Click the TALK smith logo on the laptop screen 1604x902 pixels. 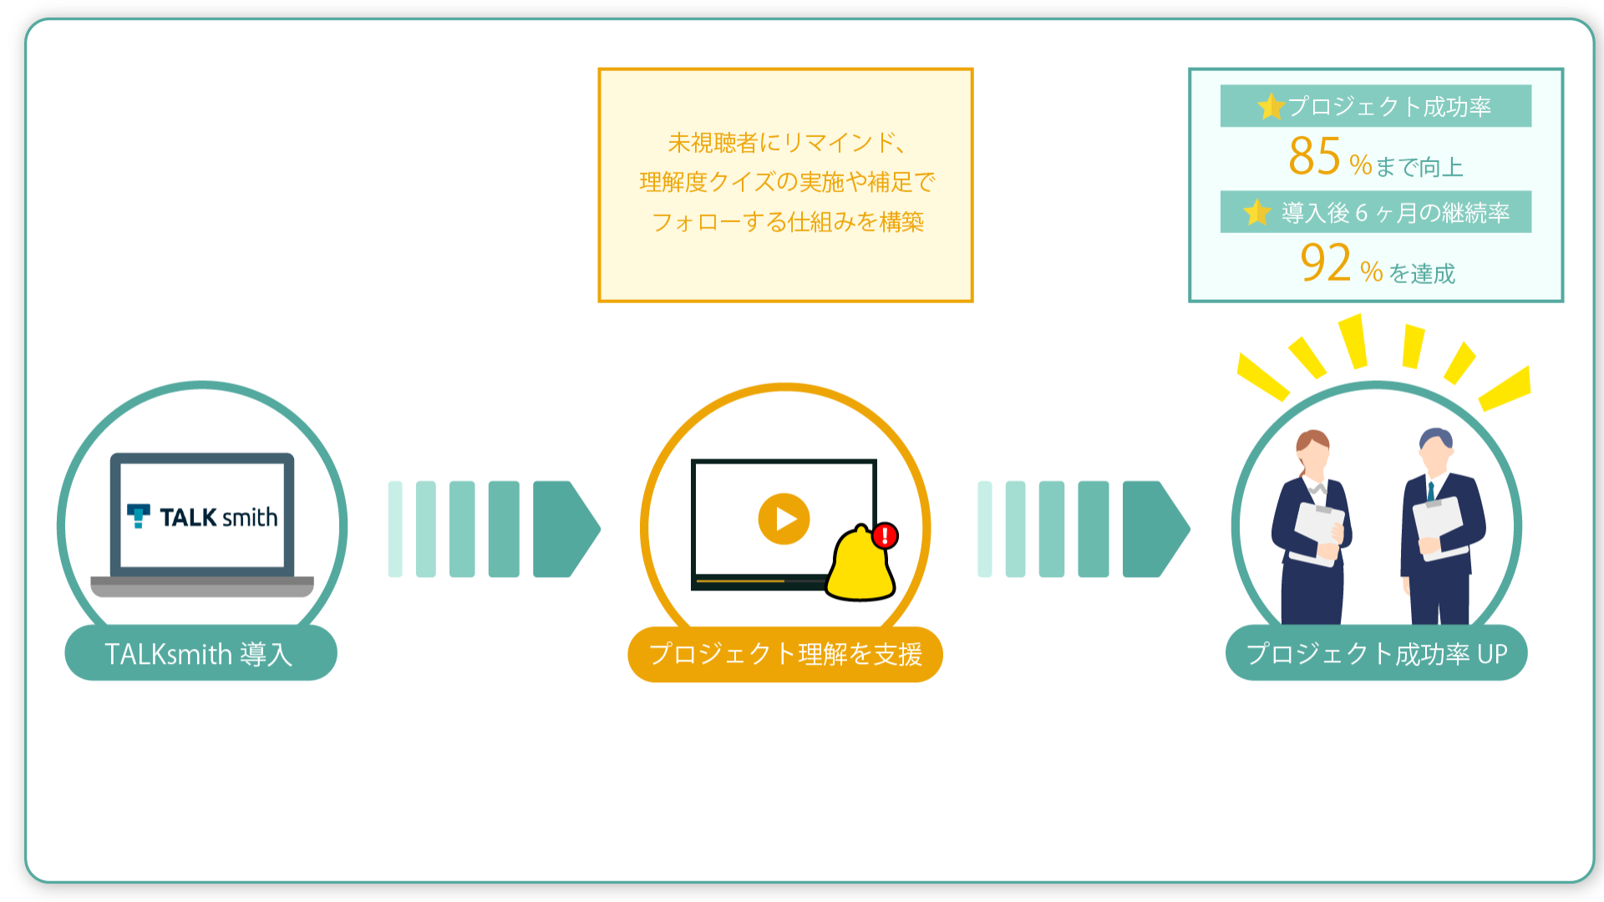[202, 517]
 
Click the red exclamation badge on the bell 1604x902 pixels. [885, 535]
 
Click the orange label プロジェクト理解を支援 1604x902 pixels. [785, 654]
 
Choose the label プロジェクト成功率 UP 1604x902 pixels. [1376, 653]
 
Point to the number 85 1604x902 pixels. [1314, 156]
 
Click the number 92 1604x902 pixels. [1326, 262]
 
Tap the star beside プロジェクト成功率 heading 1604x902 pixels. [1271, 106]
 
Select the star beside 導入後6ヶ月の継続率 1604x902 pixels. [1256, 212]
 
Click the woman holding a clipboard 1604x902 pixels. [1312, 527]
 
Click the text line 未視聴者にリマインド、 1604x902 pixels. [786, 143]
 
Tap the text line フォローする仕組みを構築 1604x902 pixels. [787, 221]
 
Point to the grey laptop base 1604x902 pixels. [202, 586]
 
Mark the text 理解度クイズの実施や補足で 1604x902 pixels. [787, 182]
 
